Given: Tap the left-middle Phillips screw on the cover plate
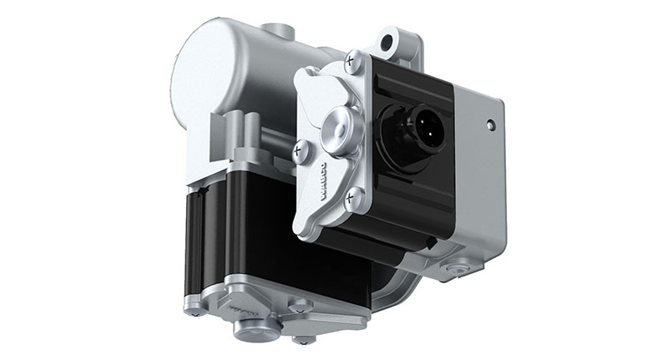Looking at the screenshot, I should (298, 150).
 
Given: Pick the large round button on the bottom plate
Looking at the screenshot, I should (249, 329).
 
